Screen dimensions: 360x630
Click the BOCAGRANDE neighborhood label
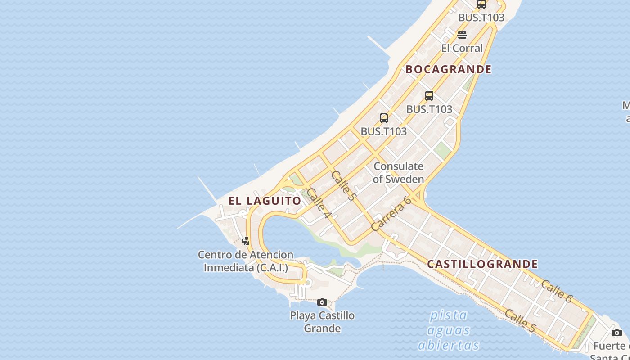(448, 69)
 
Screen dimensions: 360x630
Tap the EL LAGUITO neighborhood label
(265, 201)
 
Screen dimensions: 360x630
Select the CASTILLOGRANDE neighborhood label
(482, 264)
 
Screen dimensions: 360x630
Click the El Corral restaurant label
(462, 48)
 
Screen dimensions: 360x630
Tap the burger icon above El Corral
(462, 35)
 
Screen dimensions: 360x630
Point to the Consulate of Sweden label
(398, 172)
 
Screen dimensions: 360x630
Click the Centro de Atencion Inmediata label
(246, 261)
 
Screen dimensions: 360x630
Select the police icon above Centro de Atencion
(245, 241)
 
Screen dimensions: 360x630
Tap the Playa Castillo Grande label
(322, 322)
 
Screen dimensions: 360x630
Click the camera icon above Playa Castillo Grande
(322, 302)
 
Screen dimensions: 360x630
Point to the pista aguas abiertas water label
(448, 330)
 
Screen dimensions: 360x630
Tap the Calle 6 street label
(556, 291)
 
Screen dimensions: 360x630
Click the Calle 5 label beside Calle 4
(343, 185)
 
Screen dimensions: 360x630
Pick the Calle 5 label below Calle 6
(520, 321)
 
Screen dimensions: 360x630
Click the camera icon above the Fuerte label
(617, 333)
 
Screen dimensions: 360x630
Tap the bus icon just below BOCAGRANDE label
(429, 95)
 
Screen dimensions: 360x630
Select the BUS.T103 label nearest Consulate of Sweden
(383, 131)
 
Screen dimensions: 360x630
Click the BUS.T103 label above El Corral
(481, 18)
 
